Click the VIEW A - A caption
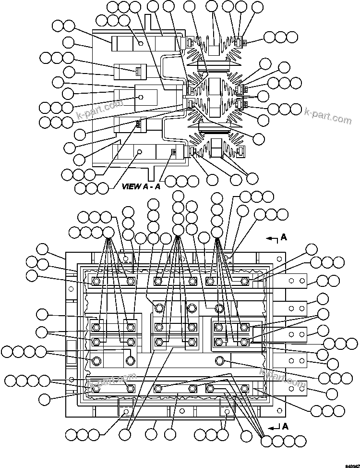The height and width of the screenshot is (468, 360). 141,186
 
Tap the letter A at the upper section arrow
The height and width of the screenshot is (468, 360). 285,237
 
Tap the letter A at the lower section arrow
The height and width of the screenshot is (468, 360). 285,426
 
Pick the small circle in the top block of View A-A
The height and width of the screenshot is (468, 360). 141,43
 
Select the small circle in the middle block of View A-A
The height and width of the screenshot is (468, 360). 141,97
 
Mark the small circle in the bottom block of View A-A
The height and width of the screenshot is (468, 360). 140,152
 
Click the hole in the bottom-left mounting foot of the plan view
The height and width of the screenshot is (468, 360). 125,411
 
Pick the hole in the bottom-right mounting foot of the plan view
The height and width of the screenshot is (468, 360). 226,411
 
